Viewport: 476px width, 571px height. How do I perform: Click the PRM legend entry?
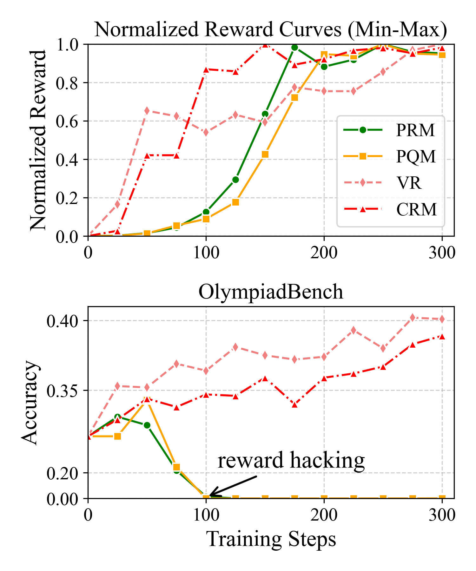pyautogui.click(x=390, y=130)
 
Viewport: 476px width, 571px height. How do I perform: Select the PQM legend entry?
pyautogui.click(x=390, y=156)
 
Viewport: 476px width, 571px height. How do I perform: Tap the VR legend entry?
pyautogui.click(x=390, y=183)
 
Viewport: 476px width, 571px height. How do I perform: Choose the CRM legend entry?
pyautogui.click(x=390, y=209)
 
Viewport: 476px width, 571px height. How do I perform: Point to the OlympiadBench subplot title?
pyautogui.click(x=271, y=292)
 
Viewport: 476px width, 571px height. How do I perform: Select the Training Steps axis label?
pyautogui.click(x=271, y=539)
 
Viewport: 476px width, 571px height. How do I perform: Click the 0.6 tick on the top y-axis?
pyautogui.click(x=67, y=121)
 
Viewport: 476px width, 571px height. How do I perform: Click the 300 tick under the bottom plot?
pyautogui.click(x=442, y=515)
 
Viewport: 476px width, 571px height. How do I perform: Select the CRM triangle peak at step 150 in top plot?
pyautogui.click(x=265, y=45)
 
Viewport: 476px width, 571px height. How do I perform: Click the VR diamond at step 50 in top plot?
pyautogui.click(x=147, y=111)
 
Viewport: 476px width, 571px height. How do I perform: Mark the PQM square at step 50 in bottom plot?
pyautogui.click(x=147, y=400)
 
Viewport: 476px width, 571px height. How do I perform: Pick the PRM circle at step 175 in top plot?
pyautogui.click(x=294, y=48)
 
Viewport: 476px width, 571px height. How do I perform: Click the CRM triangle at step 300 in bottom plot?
pyautogui.click(x=442, y=337)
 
